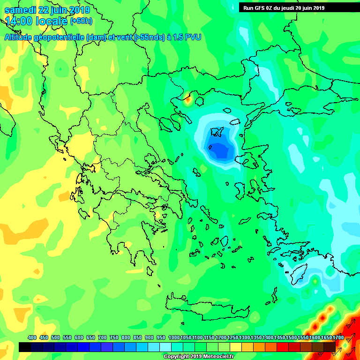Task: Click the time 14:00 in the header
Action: click(19, 21)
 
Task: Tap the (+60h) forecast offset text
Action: click(81, 21)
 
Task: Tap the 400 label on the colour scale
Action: click(32, 337)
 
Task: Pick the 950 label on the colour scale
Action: click(161, 337)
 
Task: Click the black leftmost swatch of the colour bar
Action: click(25, 347)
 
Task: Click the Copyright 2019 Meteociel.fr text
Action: click(198, 356)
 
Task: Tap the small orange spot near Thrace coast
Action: click(187, 98)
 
